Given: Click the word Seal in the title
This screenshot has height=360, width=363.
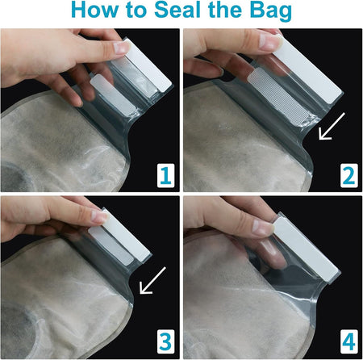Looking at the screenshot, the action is click(177, 10).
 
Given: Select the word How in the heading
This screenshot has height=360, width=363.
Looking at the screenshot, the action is click(94, 10).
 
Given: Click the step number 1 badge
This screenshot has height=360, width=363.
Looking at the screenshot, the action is click(165, 175).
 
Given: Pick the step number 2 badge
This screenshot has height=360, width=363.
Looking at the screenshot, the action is click(349, 175).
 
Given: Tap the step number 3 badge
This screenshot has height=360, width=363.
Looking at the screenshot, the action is click(165, 342).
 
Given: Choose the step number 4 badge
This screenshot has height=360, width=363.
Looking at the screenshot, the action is click(349, 342).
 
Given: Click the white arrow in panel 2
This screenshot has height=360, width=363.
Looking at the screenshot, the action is click(332, 126).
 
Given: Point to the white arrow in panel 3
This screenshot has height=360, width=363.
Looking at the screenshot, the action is click(152, 280).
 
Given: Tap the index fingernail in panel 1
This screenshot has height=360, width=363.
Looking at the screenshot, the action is click(122, 47).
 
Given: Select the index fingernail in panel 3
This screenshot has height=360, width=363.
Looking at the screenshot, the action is click(100, 216).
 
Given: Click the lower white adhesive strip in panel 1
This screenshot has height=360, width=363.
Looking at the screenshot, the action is click(113, 95).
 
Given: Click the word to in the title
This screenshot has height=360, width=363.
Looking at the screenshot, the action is click(136, 10).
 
